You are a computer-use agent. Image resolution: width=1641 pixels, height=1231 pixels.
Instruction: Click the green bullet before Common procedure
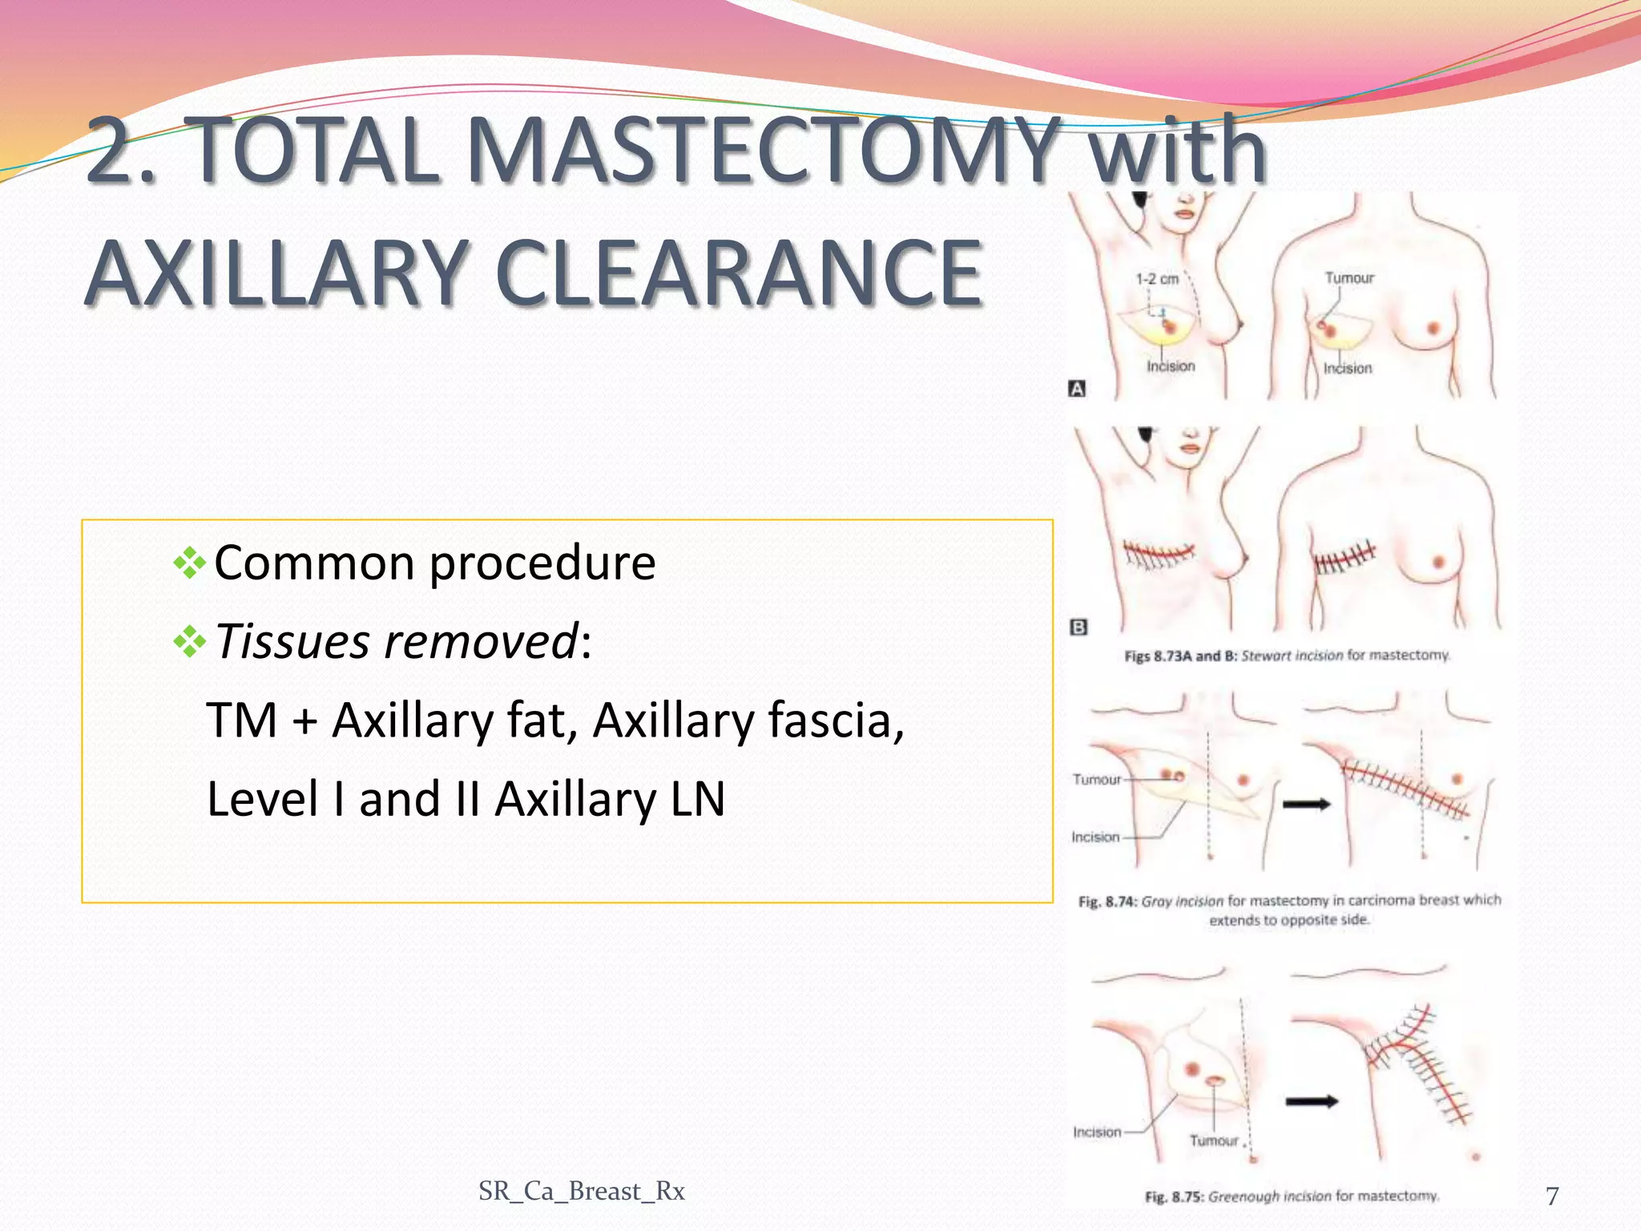[190, 563]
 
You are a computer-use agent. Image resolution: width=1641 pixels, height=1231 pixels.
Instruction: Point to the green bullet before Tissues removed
[190, 641]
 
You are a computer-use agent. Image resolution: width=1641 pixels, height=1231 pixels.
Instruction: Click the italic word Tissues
[293, 641]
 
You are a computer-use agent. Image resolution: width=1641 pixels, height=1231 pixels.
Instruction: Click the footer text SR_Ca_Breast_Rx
[581, 1191]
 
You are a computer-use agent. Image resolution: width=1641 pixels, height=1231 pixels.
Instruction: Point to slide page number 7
[1552, 1196]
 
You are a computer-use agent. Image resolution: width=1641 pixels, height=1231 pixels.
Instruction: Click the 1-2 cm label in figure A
[1157, 279]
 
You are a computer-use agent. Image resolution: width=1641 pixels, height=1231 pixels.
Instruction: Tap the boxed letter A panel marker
[1077, 389]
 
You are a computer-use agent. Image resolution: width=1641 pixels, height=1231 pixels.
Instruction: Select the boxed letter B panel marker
[1079, 628]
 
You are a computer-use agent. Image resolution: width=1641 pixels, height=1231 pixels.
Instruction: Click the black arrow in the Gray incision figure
[1306, 805]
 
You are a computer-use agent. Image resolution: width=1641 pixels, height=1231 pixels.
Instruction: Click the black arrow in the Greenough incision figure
[1312, 1102]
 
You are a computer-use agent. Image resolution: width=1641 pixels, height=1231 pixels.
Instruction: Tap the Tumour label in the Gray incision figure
[1096, 779]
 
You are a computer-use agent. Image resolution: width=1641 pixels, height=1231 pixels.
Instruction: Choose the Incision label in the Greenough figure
[1097, 1132]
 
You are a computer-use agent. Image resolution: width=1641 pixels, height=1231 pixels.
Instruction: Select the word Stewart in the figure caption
[1268, 656]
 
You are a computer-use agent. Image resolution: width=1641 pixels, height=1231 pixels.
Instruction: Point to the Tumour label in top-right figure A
[1349, 278]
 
